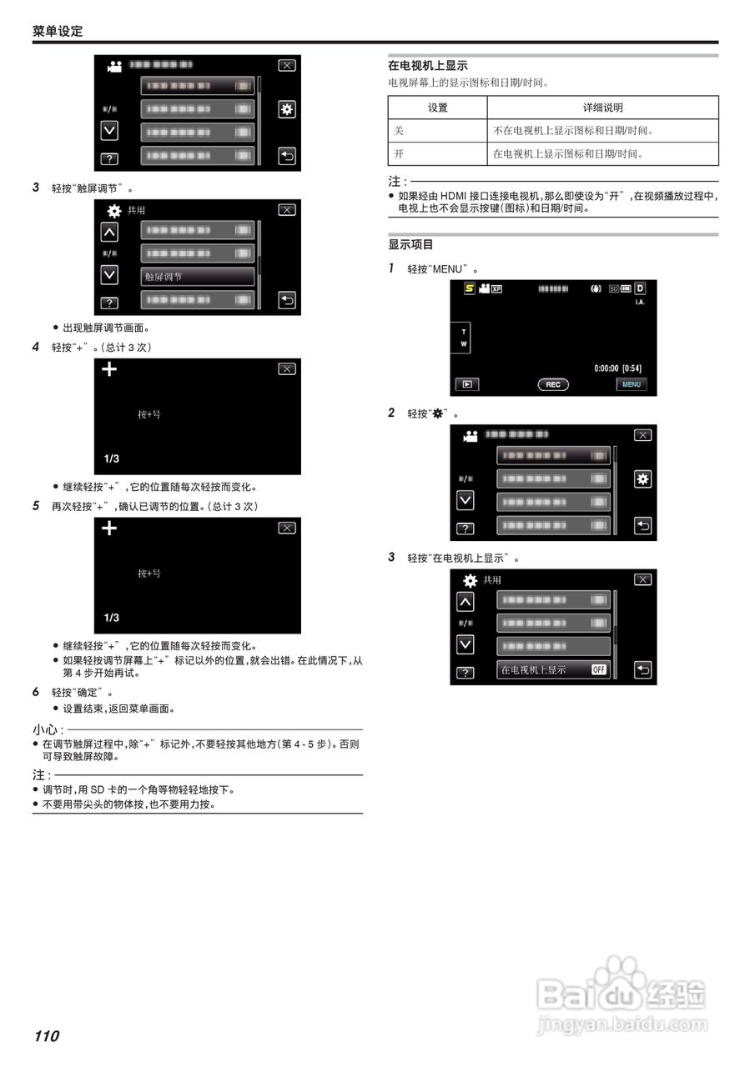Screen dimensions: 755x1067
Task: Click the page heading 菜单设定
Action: coord(58,32)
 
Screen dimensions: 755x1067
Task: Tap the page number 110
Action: coord(47,1036)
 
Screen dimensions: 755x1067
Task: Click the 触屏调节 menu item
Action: coord(198,277)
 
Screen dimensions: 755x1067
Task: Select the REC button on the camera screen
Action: coord(553,384)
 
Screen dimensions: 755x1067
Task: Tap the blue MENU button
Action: coord(632,384)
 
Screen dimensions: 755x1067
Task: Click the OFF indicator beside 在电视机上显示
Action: coord(599,669)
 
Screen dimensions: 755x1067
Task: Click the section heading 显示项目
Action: coord(411,245)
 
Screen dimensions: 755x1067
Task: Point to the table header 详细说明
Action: coord(602,108)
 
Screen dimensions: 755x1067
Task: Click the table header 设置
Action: coord(437,108)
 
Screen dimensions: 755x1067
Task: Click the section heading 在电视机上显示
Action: coord(428,65)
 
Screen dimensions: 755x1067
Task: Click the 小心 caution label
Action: coord(46,730)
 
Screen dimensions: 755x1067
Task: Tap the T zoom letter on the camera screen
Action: coord(464,332)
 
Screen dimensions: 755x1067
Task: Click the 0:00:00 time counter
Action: coord(606,368)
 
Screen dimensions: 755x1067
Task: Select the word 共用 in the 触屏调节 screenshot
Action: coord(136,211)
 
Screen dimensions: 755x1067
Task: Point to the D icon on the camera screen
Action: coord(641,288)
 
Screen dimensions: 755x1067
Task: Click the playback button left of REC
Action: coord(467,384)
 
